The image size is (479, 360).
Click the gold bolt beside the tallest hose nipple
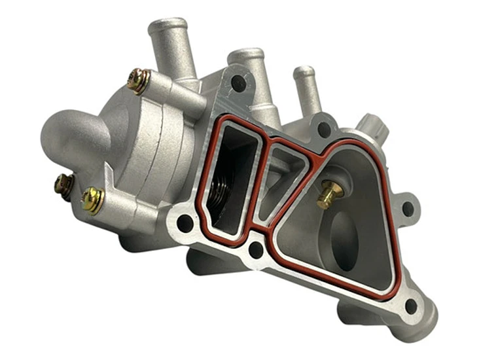[x=138, y=81]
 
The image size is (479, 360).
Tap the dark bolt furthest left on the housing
[x=63, y=185]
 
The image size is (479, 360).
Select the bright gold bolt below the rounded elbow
[x=93, y=200]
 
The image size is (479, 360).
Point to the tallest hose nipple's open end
[x=168, y=26]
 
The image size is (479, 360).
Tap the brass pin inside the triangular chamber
[x=330, y=194]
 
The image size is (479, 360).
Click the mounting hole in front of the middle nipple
[x=239, y=84]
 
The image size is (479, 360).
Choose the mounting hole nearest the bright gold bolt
[x=185, y=223]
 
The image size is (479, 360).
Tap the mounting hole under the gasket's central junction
[x=256, y=249]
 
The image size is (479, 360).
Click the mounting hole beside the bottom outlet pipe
[x=411, y=305]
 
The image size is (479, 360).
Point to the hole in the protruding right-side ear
[x=407, y=209]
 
